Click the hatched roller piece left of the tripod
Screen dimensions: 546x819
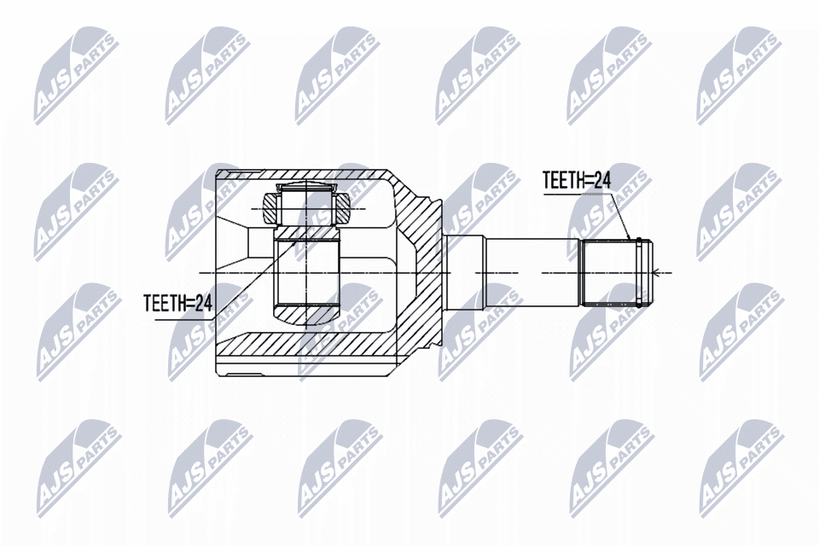[x=269, y=207]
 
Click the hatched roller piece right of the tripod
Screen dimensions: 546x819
[x=344, y=207]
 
